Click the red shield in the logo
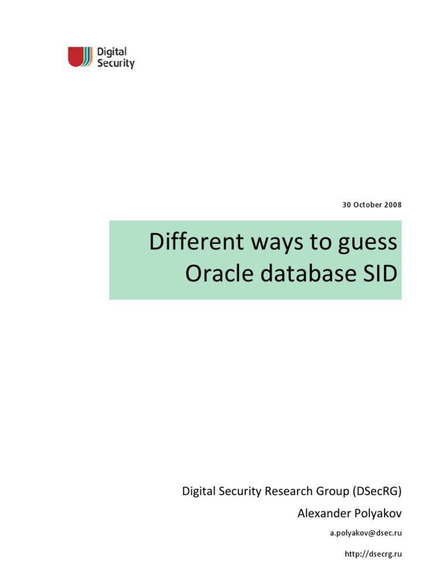(76, 56)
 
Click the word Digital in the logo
(112, 52)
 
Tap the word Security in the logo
(116, 63)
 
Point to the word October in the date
(367, 205)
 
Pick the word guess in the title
(369, 243)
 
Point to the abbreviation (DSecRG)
(377, 491)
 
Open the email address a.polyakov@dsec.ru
(366, 533)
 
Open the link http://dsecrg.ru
(373, 554)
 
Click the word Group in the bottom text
(333, 491)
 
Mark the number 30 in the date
(347, 205)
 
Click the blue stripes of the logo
(86, 56)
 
